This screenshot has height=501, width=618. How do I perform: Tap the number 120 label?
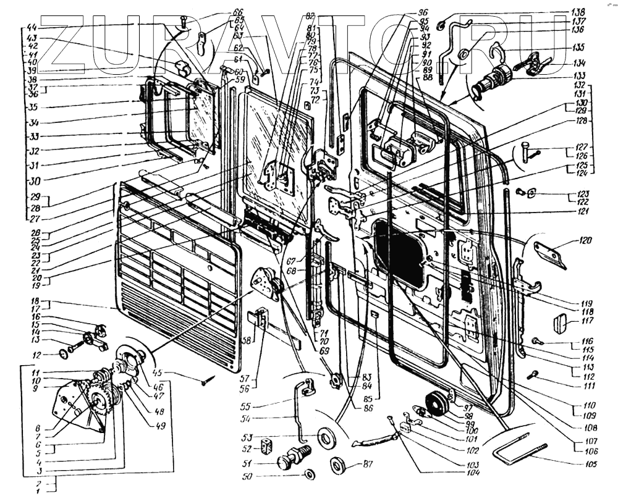point(585,241)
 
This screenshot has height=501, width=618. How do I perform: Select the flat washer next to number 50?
point(308,475)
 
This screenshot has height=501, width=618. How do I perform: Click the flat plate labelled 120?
point(550,253)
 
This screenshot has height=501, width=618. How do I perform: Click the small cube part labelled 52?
point(267,446)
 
